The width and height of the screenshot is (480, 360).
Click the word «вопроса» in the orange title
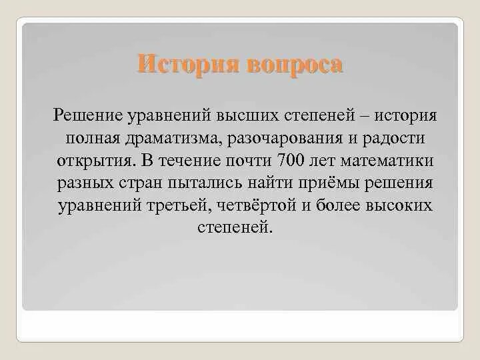point(294,65)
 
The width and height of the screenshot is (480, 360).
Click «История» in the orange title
point(190,65)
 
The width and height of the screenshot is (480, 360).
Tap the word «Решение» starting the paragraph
point(87,117)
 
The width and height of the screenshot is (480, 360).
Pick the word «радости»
point(383,139)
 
